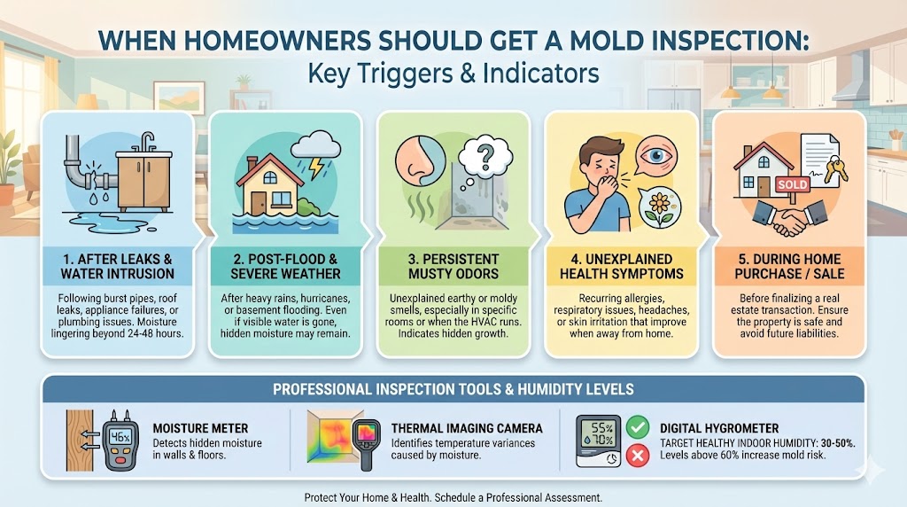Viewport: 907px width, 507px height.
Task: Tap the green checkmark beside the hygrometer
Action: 636,427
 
